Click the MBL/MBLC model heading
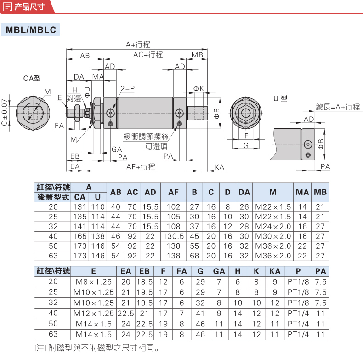pos(31,29)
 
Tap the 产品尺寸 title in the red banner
pos(29,7)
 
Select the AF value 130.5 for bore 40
pos(173,236)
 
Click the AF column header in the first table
pos(173,192)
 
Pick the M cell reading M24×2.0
pos(273,226)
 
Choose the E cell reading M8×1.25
pos(94,282)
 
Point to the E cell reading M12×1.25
pos(94,314)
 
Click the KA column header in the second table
pos(275,271)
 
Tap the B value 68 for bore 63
pos(194,256)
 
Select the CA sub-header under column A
pos(80,197)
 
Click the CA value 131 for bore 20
pos(80,207)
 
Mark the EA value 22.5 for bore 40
pos(126,314)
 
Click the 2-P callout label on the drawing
pos(127,88)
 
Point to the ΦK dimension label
pos(199,88)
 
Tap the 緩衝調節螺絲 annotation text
pos(146,137)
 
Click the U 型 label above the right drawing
pos(280,98)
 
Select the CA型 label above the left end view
pos(32,78)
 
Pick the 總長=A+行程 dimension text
pos(338,107)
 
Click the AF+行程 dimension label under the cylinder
pos(141,166)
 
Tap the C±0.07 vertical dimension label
pos(5,112)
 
